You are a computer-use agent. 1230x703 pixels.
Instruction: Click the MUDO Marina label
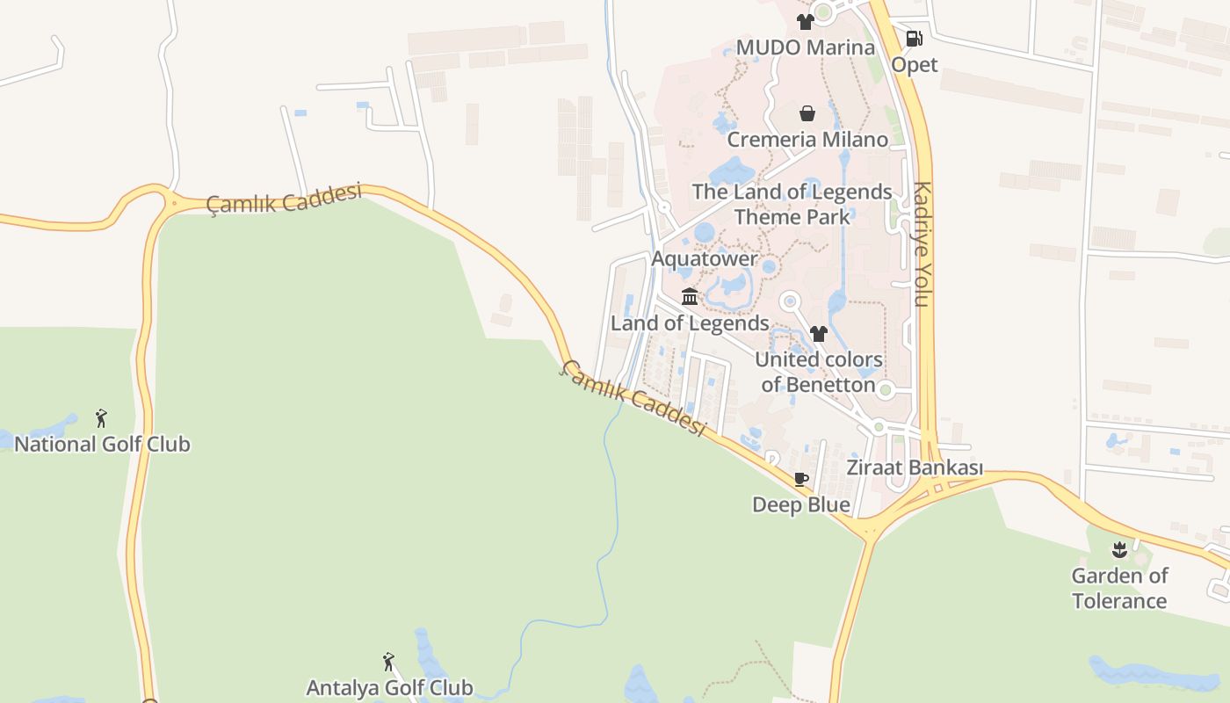(x=805, y=47)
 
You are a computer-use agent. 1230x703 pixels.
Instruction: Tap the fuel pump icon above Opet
(x=914, y=39)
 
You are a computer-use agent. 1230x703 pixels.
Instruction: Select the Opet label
(x=915, y=65)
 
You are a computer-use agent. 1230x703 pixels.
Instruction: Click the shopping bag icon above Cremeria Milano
(x=807, y=113)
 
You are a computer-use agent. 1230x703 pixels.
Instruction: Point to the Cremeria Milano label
(x=807, y=140)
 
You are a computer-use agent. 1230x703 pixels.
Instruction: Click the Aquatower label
(x=704, y=259)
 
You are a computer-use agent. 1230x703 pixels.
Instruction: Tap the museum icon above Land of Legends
(x=690, y=297)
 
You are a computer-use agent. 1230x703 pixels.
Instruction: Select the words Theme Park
(x=792, y=217)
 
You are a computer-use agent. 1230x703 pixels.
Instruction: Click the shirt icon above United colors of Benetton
(x=819, y=334)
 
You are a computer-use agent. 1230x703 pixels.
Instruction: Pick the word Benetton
(x=830, y=385)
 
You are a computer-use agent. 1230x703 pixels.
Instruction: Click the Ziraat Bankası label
(x=914, y=467)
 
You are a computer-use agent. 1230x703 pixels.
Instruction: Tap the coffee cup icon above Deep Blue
(x=801, y=479)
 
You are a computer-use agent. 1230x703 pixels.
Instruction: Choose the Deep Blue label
(x=801, y=505)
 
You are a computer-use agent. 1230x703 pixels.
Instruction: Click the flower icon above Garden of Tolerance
(x=1119, y=551)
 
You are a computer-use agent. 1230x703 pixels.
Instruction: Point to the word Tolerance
(x=1119, y=601)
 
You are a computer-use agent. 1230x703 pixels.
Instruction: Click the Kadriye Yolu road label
(x=921, y=243)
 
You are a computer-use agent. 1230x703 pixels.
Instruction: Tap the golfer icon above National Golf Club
(x=102, y=418)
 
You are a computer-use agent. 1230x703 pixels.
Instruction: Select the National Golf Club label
(x=102, y=444)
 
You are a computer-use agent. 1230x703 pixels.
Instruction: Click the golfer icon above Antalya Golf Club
(x=389, y=662)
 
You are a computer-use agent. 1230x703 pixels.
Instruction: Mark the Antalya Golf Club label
(x=389, y=687)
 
